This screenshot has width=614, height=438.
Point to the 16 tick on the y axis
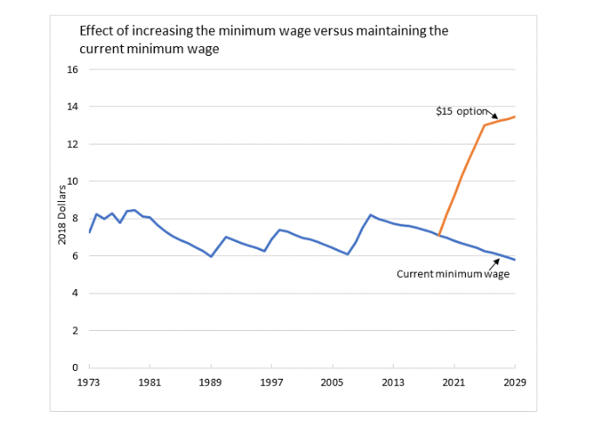(x=73, y=70)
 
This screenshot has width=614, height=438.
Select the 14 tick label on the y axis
(x=73, y=107)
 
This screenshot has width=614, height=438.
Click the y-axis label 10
(x=73, y=181)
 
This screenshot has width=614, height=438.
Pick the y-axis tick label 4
(x=76, y=293)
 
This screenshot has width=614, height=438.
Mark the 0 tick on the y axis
(x=76, y=367)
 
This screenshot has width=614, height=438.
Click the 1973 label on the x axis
(x=89, y=382)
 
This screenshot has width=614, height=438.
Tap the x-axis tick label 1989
(x=210, y=382)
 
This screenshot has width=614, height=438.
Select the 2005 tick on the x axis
(x=331, y=382)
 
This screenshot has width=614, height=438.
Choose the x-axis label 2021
(x=452, y=382)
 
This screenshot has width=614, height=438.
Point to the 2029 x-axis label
(x=515, y=382)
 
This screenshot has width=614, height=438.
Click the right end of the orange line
(x=515, y=117)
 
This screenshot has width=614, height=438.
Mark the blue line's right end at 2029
(x=515, y=259)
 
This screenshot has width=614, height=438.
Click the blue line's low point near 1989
(x=211, y=256)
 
